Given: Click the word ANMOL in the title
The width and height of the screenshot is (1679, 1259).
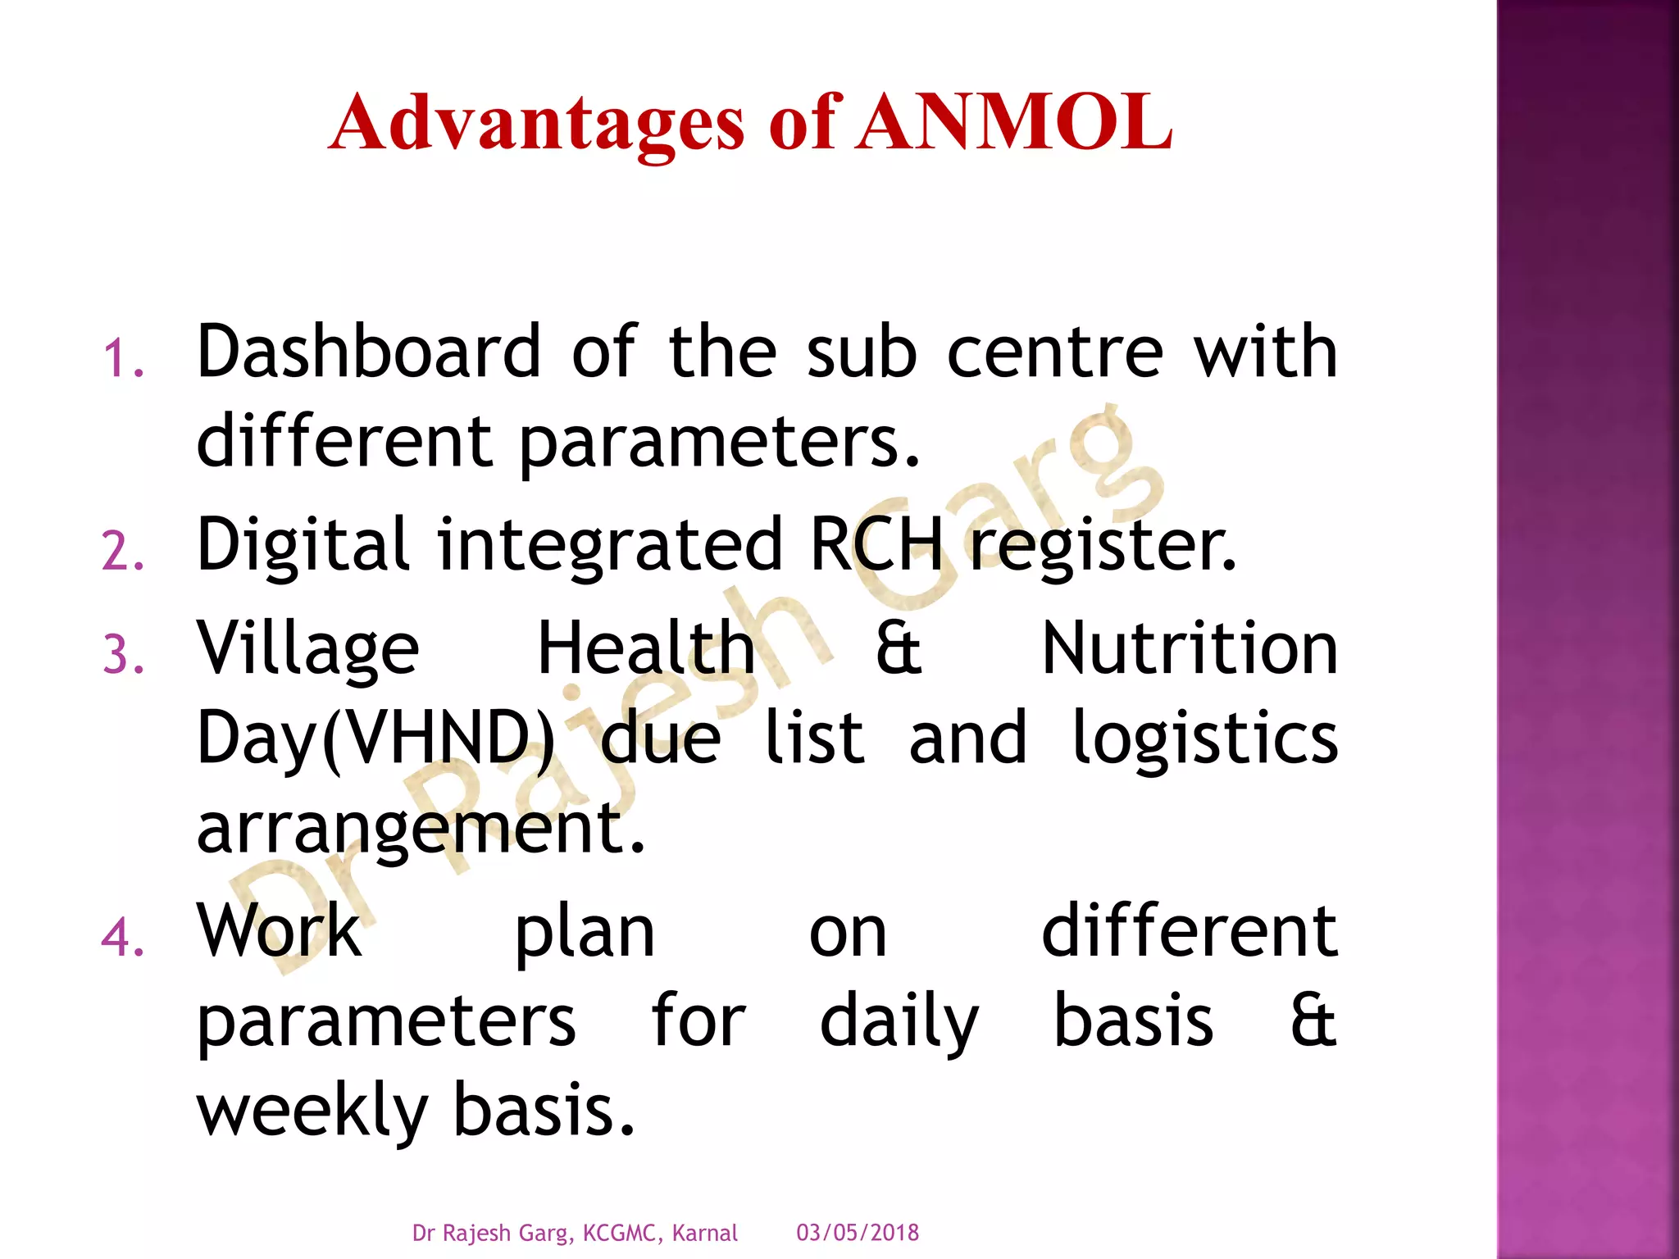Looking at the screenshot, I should click(1014, 123).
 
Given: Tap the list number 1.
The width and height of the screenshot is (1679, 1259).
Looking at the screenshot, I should click(123, 360).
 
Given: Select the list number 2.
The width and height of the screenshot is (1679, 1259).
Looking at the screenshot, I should click(123, 552).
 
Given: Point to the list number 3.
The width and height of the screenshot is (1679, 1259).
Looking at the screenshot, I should click(123, 657).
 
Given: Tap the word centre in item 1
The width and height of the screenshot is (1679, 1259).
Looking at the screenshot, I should click(1055, 352).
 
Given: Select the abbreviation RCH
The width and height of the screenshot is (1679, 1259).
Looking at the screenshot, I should click(876, 545).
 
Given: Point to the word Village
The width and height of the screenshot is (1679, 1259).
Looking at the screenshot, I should click(308, 650).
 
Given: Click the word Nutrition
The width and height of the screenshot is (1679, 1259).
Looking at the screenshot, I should click(1190, 648).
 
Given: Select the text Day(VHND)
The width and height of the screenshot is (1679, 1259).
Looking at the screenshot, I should click(375, 738).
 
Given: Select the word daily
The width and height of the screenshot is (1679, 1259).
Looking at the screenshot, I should click(899, 1022).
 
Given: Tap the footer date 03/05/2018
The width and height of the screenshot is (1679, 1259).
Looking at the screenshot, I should click(858, 1233).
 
